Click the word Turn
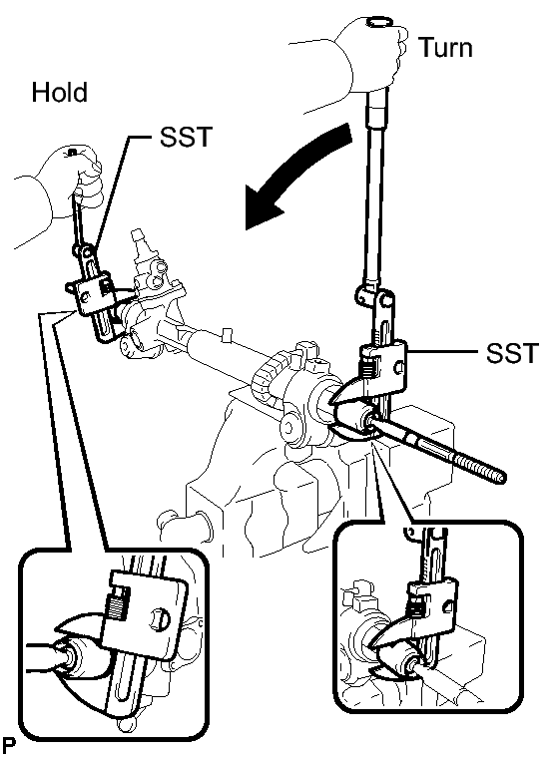[x=445, y=48]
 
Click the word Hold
[x=60, y=92]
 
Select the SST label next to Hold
[x=186, y=137]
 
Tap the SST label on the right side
[x=512, y=353]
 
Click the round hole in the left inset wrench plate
[x=160, y=620]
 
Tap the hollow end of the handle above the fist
[x=378, y=22]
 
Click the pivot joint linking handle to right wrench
[x=373, y=298]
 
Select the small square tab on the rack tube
[x=227, y=334]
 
